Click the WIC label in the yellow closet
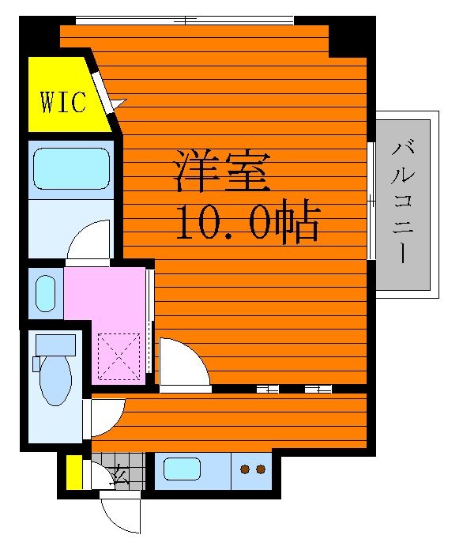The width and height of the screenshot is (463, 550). click(x=63, y=102)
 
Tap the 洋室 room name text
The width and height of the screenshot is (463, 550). click(x=222, y=171)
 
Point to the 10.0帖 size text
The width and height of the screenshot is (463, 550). click(x=248, y=220)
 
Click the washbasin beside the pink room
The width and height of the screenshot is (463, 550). click(x=46, y=293)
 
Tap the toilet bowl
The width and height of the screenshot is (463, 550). click(x=56, y=382)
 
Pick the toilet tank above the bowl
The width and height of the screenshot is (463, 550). click(x=56, y=345)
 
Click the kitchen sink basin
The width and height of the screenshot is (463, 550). click(x=182, y=469)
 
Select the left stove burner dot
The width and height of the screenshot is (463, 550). click(x=245, y=469)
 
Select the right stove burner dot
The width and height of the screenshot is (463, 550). click(x=261, y=469)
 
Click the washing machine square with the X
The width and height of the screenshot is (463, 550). click(x=119, y=356)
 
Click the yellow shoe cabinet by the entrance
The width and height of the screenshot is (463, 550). click(x=74, y=472)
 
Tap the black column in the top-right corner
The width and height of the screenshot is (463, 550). click(x=352, y=36)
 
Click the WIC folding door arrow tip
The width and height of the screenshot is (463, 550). click(x=126, y=100)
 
